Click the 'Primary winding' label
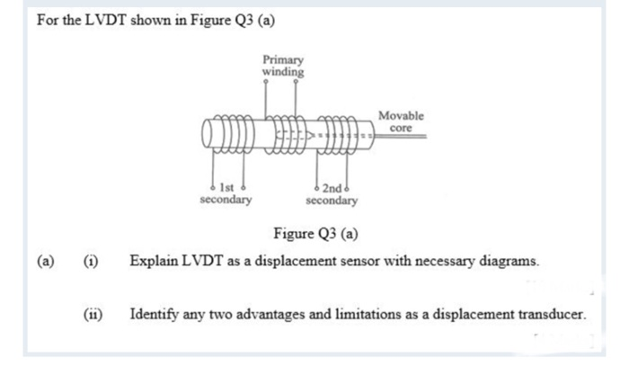click(283, 66)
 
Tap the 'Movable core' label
click(401, 121)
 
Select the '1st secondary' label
click(226, 193)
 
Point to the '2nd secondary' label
click(332, 194)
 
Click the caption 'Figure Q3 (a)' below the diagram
click(315, 234)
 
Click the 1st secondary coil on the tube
click(233, 134)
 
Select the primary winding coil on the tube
click(286, 135)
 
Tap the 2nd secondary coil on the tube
click(337, 135)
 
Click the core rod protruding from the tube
click(401, 137)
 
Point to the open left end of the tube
click(207, 134)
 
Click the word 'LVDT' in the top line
click(105, 20)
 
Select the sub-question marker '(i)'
click(91, 262)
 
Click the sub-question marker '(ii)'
click(93, 314)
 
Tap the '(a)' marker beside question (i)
click(45, 262)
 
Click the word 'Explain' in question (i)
click(154, 262)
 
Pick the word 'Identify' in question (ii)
click(154, 314)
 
